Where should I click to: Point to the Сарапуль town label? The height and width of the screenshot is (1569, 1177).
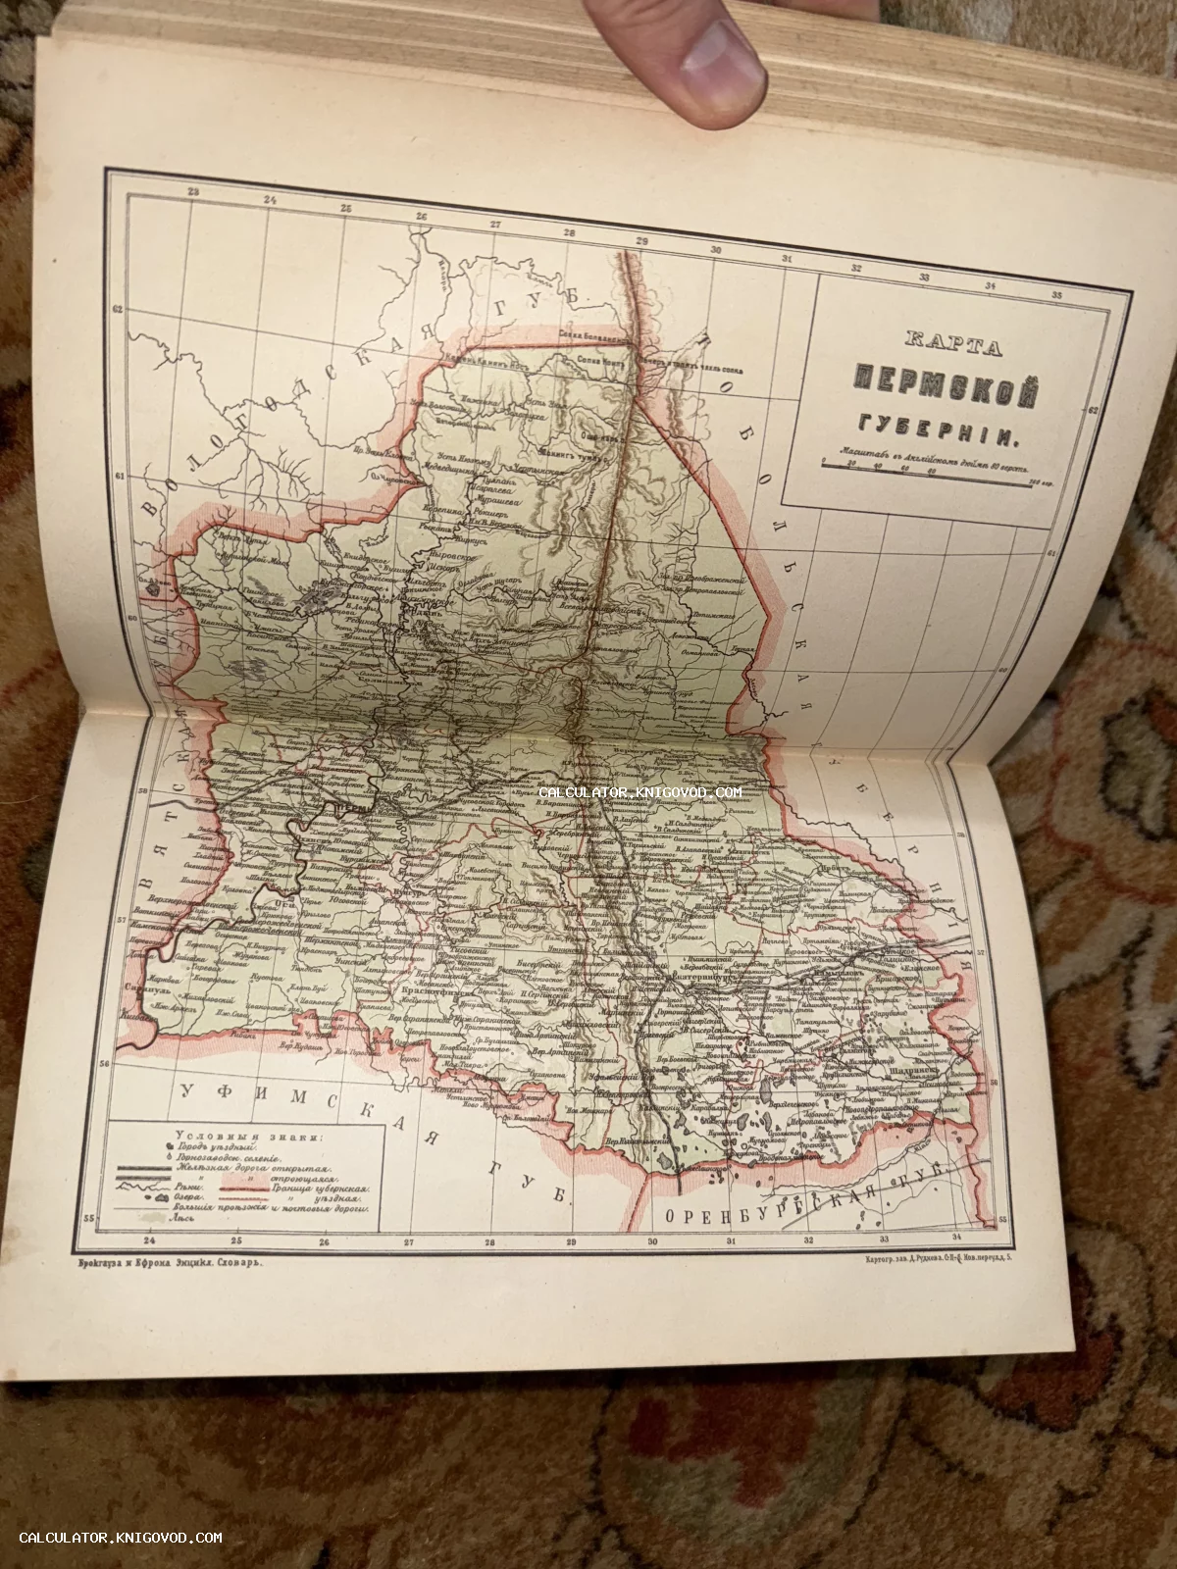coord(143,991)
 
